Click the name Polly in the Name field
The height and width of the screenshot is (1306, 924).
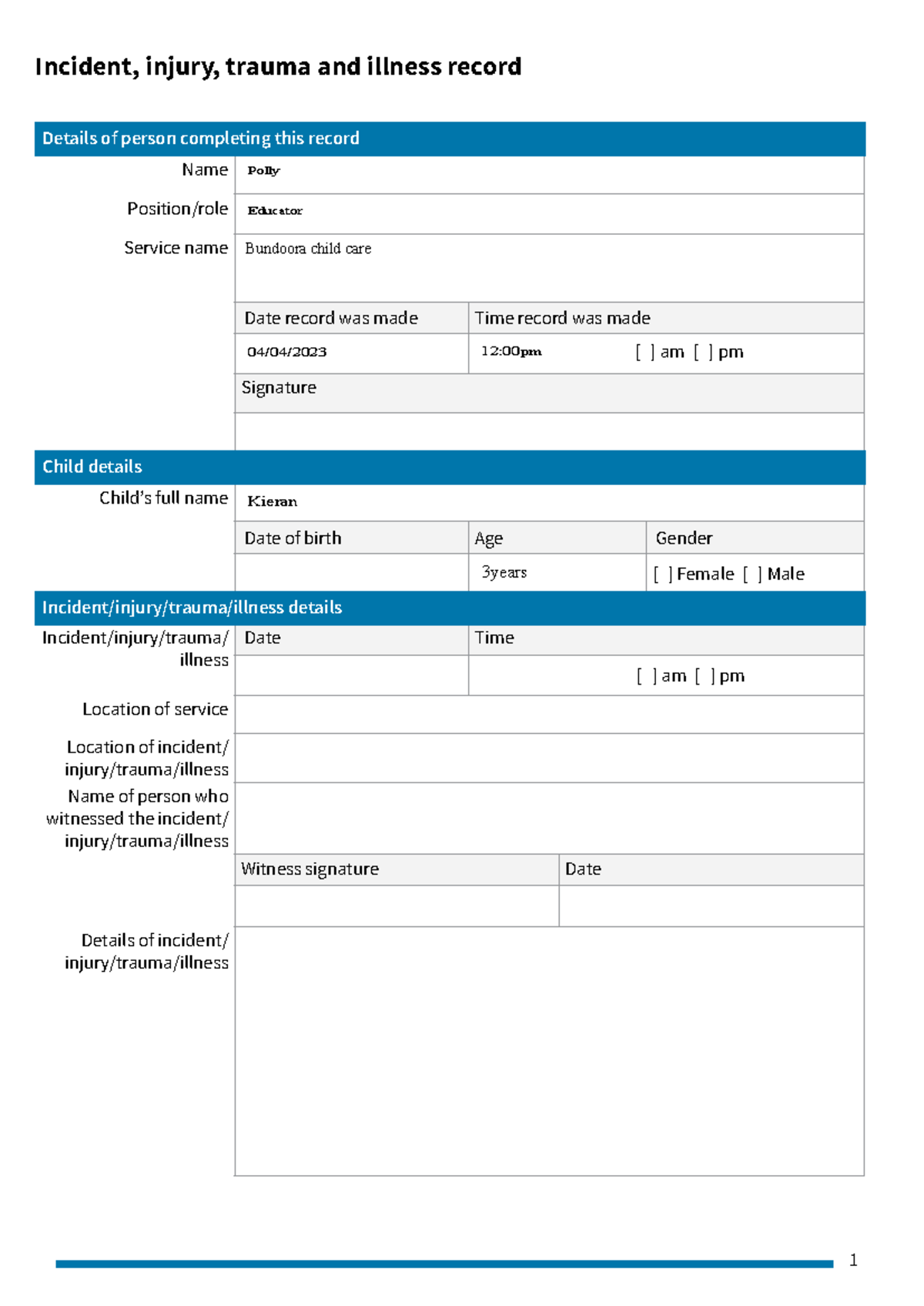pyautogui.click(x=263, y=171)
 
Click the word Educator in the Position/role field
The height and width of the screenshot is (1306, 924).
pyautogui.click(x=275, y=211)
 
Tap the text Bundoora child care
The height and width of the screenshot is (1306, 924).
pyautogui.click(x=308, y=249)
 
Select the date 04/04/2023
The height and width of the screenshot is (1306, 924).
pyautogui.click(x=286, y=352)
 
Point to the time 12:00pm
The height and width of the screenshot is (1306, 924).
pyautogui.click(x=511, y=351)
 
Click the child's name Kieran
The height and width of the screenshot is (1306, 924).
pyautogui.click(x=272, y=501)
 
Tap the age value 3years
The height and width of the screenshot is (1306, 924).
pyautogui.click(x=504, y=572)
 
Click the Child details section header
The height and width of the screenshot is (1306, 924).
pyautogui.click(x=92, y=467)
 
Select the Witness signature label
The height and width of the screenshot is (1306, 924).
pyautogui.click(x=310, y=869)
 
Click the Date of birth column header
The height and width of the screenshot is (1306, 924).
pyautogui.click(x=293, y=538)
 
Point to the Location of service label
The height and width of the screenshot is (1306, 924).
pyautogui.click(x=155, y=709)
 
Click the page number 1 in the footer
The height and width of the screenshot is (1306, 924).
pyautogui.click(x=853, y=1261)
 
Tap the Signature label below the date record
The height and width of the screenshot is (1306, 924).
pyautogui.click(x=279, y=388)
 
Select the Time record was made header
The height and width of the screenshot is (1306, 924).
pyautogui.click(x=562, y=318)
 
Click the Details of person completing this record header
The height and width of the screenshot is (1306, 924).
pyautogui.click(x=200, y=139)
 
